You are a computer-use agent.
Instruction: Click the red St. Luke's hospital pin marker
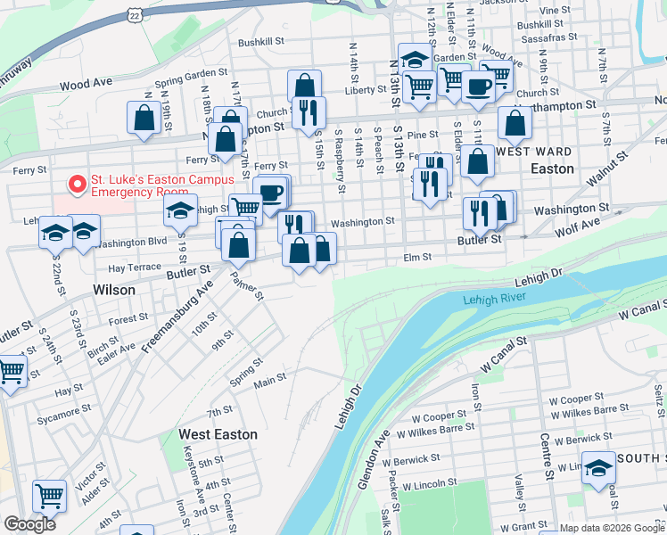78,185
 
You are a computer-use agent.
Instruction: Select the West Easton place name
218,434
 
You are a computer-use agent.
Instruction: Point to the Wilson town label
114,290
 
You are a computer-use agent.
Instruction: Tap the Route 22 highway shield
134,14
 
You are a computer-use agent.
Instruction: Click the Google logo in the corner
30,524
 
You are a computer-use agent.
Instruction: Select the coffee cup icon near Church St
478,86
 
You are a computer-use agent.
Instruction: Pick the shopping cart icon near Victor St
50,495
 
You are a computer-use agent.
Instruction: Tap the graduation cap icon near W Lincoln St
598,466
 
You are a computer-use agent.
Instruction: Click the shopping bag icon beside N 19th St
144,118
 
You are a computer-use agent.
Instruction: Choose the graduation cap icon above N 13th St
415,59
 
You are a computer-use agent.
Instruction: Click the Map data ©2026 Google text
612,528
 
